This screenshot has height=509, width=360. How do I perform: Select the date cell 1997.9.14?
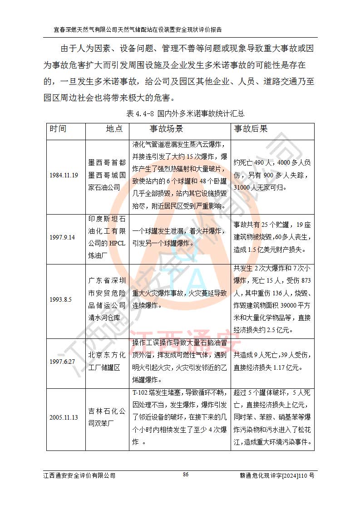click(63, 237)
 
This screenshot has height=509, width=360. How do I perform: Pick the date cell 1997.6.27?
click(63, 362)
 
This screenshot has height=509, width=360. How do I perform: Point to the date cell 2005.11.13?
click(64, 418)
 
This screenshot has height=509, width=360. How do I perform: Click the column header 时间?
click(58, 129)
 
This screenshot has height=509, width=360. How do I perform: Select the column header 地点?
click(114, 129)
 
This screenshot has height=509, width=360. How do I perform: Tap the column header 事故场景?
click(166, 129)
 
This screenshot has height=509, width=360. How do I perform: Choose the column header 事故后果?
click(251, 129)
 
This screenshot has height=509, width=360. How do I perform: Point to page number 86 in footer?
click(185, 475)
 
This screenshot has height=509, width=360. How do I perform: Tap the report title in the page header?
click(138, 30)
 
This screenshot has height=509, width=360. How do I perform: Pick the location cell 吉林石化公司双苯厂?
click(107, 418)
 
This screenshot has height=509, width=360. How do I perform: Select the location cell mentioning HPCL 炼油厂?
click(107, 237)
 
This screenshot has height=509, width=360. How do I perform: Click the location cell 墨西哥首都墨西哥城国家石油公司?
click(107, 175)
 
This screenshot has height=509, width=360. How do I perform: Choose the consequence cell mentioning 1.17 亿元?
click(272, 362)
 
